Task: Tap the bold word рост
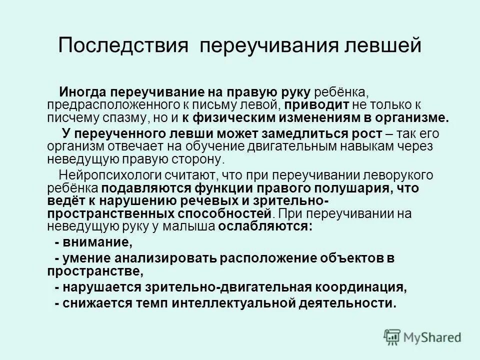370,133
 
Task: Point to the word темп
154,303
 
